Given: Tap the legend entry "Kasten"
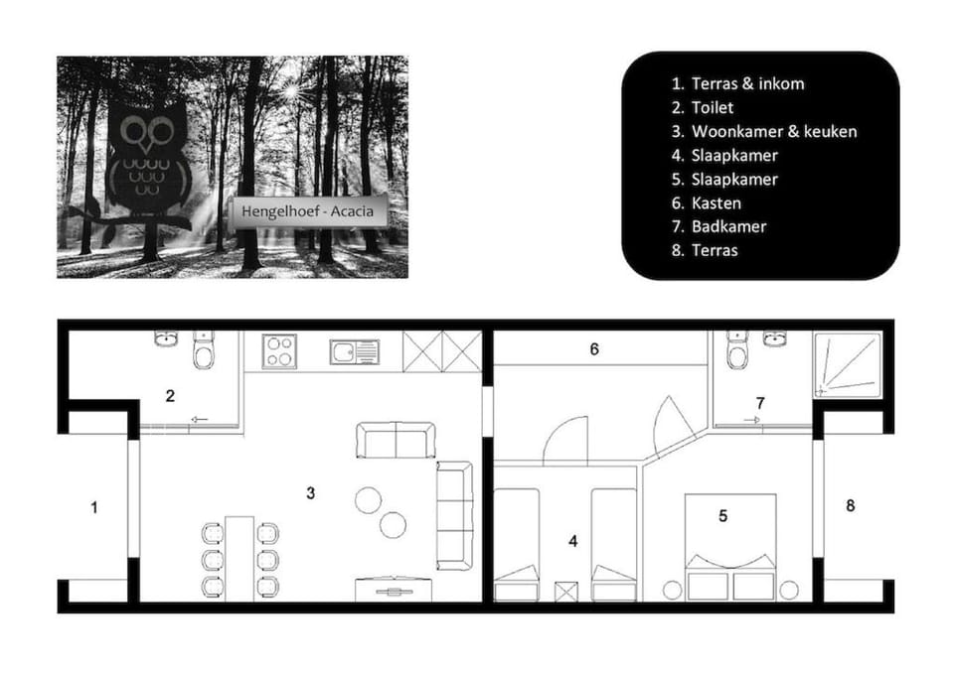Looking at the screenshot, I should [x=707, y=203].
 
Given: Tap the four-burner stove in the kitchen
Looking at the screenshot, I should [x=278, y=350].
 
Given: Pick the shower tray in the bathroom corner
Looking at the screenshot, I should [x=848, y=365].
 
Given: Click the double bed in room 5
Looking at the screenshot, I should [x=730, y=546].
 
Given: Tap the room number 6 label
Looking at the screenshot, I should [x=594, y=349].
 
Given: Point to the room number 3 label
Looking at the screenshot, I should [x=311, y=492].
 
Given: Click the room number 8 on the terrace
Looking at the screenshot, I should [x=850, y=506].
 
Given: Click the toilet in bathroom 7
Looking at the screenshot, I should [x=736, y=351].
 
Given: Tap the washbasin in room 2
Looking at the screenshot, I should [x=166, y=339].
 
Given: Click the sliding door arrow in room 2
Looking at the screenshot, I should [x=199, y=420].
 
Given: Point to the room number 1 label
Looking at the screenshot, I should [x=94, y=508].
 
